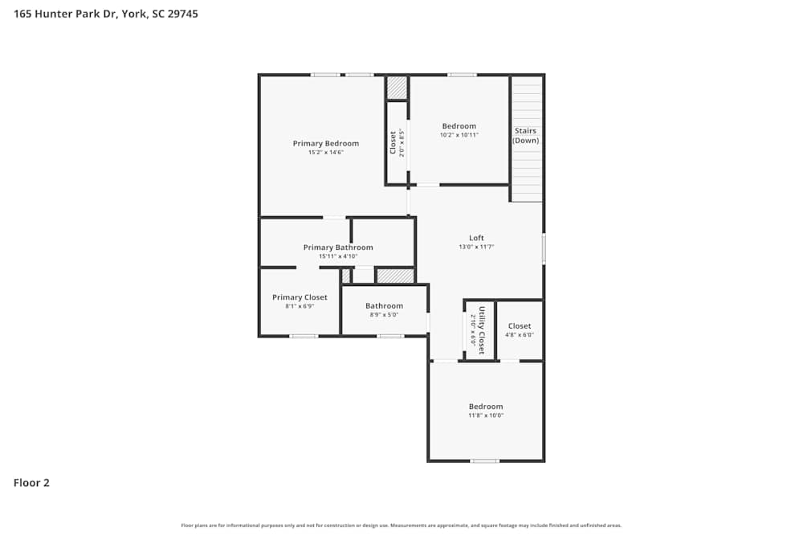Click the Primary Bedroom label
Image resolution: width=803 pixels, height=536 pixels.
(x=325, y=143)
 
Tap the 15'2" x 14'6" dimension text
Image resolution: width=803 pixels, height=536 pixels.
(x=325, y=152)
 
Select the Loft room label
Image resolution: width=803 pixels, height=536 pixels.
(x=476, y=238)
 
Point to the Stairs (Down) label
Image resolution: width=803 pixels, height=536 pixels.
(x=526, y=136)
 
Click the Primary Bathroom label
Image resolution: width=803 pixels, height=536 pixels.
(x=337, y=248)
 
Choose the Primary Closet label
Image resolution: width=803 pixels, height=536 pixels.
(x=300, y=297)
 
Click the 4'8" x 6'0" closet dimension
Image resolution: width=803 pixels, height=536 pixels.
(x=520, y=335)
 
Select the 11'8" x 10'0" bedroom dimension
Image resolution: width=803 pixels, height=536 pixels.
(x=486, y=415)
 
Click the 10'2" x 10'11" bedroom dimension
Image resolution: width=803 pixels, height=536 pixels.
(x=459, y=135)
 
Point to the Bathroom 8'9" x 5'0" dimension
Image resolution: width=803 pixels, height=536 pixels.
(x=384, y=314)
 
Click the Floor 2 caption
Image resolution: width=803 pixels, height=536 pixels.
(x=31, y=483)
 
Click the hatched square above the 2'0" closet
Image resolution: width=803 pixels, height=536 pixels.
(x=397, y=88)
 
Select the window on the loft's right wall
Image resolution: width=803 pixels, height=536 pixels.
(x=544, y=248)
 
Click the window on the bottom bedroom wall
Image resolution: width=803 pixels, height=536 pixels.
(x=484, y=460)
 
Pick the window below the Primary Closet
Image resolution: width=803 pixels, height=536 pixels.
(x=304, y=335)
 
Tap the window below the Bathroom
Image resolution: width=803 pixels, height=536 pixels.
(x=390, y=335)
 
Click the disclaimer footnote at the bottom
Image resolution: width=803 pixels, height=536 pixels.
(x=401, y=526)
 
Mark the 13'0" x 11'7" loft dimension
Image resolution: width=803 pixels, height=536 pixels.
(x=476, y=247)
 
